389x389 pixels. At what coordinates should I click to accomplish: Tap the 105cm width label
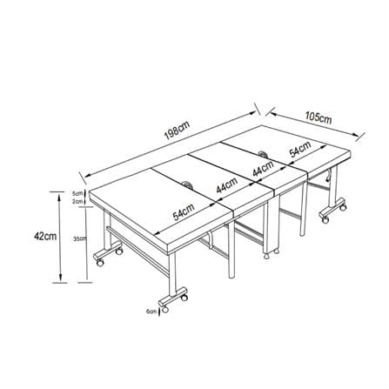pos(319,117)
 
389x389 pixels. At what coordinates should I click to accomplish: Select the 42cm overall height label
pos(45,236)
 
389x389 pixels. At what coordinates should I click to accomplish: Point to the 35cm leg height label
pos(80,239)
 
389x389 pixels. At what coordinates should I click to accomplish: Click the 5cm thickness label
pos(77,193)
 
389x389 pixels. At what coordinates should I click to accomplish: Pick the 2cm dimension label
pos(77,202)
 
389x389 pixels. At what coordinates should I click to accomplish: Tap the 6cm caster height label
pos(151,312)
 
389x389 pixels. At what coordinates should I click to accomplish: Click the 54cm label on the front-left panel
pos(184,211)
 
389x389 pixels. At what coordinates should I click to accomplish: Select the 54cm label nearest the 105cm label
pos(300,149)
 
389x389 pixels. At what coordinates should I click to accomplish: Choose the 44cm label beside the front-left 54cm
pos(227,185)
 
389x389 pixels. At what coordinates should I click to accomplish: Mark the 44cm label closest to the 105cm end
pos(264,168)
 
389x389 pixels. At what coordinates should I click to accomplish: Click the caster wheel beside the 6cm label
pos(164,310)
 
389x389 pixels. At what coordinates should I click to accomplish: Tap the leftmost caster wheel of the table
pos(100,263)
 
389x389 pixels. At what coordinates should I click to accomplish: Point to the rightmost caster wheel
pos(343,208)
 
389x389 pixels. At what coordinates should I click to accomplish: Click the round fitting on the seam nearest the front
pos(185,184)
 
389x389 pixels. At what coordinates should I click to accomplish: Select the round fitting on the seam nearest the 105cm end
pos(264,153)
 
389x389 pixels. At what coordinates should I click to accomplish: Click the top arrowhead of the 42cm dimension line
pos(59,198)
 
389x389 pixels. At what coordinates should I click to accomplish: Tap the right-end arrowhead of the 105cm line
pos(355,134)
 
